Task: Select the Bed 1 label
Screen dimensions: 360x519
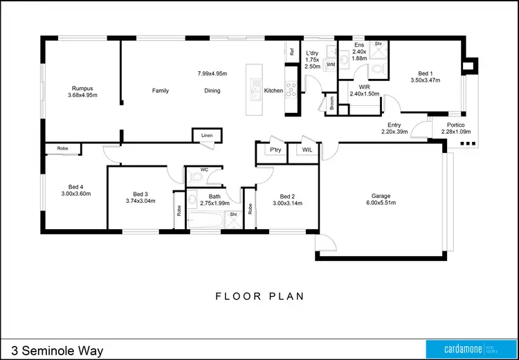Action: pos(426,73)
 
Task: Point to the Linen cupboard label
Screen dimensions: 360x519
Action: pos(207,136)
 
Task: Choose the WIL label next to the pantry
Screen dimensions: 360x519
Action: pos(307,150)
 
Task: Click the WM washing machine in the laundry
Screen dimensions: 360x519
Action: pos(330,64)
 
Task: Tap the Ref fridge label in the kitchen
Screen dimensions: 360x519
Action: pos(292,51)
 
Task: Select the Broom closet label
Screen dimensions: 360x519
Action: pos(331,103)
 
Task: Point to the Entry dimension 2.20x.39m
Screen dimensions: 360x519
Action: pos(394,132)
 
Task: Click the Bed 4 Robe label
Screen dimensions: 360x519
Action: pos(62,148)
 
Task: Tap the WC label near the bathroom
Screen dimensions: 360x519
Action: pos(204,169)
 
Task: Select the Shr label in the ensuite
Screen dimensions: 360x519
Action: pos(379,44)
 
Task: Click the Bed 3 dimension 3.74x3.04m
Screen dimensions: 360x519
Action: pos(140,201)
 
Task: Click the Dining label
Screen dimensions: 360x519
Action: pos(212,91)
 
